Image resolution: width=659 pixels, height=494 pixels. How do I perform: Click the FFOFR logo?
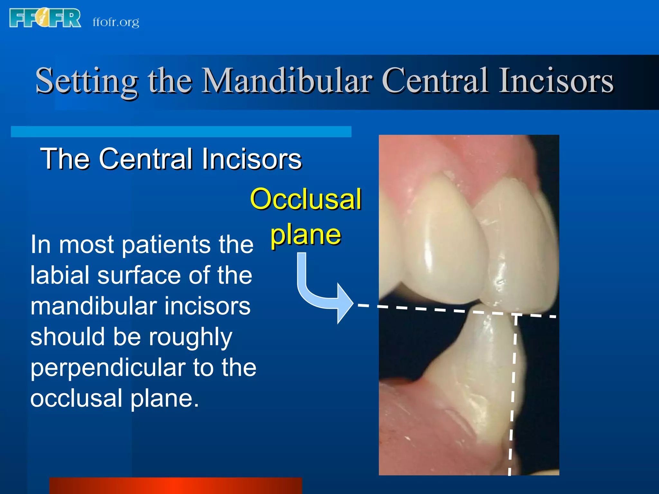point(45,18)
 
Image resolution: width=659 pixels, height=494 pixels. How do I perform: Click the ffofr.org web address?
point(116,22)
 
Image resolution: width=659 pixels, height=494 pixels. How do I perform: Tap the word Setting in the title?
point(87,81)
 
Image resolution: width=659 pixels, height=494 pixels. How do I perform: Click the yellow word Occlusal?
point(306,199)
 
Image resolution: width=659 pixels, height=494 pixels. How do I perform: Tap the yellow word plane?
point(306,235)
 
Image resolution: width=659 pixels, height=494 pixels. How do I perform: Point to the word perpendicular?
point(108,368)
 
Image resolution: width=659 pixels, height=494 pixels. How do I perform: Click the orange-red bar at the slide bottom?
point(176,486)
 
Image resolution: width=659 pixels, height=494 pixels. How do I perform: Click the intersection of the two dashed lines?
point(516,314)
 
